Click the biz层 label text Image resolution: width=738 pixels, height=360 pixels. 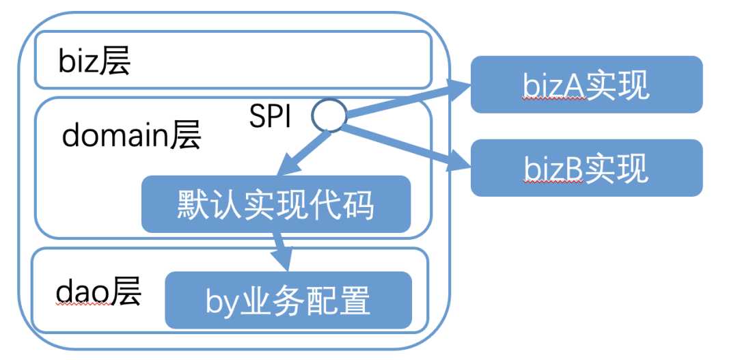tap(94, 62)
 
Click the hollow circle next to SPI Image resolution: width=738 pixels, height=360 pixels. tap(329, 115)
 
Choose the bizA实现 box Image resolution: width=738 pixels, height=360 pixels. tap(586, 85)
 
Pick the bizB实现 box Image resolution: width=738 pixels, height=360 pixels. tap(586, 168)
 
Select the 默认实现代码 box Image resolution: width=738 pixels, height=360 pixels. tap(275, 204)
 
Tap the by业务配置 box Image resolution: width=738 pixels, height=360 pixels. tap(288, 301)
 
